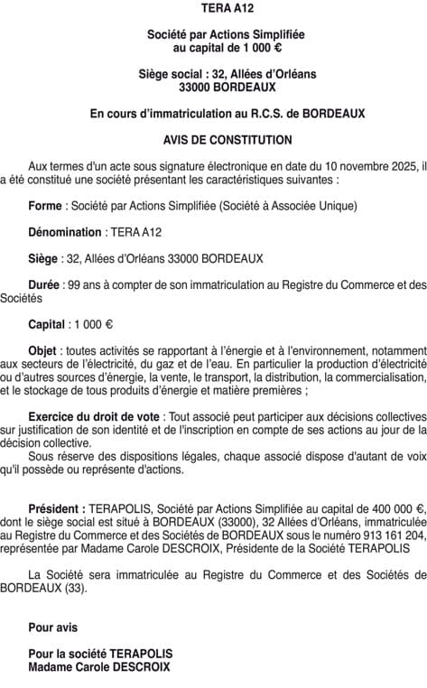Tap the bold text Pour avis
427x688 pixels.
(x=53, y=628)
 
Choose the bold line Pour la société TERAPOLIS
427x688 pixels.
(x=100, y=654)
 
